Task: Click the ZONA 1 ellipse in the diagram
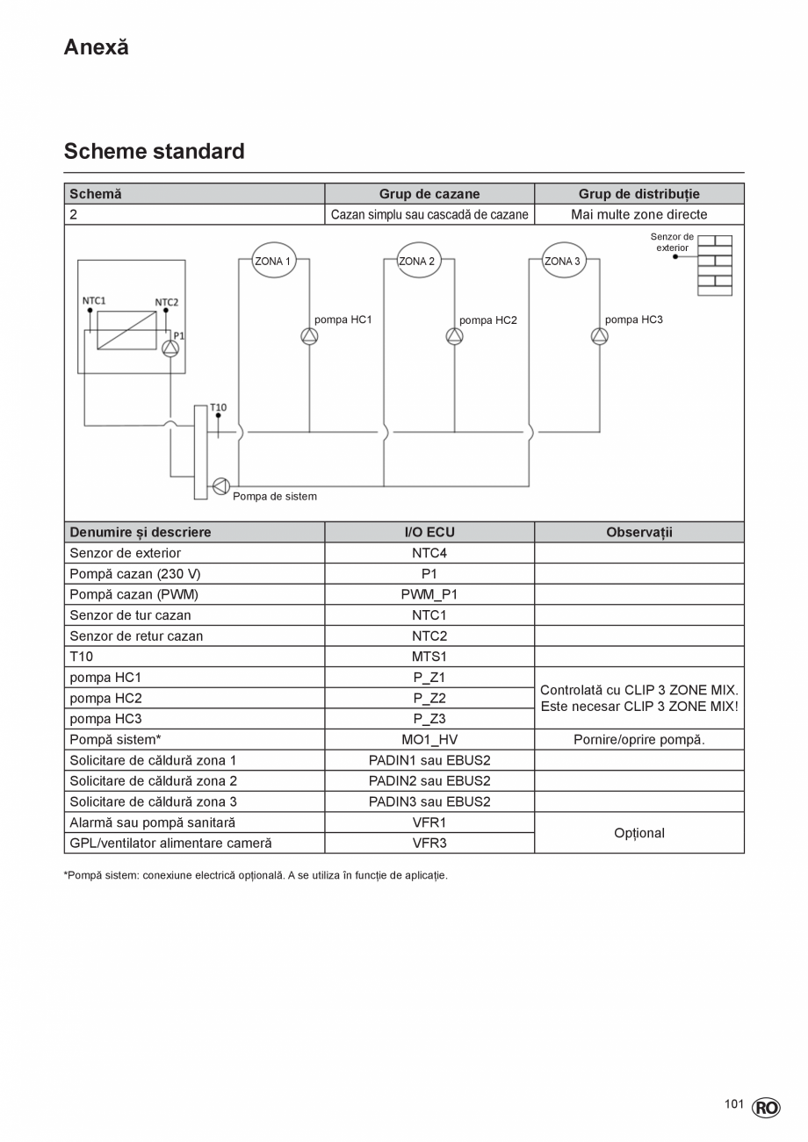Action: (x=273, y=261)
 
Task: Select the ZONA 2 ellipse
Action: (x=418, y=261)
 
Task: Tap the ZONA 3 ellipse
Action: (x=563, y=261)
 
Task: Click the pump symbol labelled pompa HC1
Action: (x=309, y=336)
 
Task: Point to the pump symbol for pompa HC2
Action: (x=454, y=336)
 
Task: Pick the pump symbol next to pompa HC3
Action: (x=599, y=336)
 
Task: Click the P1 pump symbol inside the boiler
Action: (x=170, y=348)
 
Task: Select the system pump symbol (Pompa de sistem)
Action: (x=220, y=485)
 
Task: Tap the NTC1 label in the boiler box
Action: (x=94, y=300)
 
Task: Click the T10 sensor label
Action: (x=218, y=407)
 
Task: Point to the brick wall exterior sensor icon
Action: (x=715, y=265)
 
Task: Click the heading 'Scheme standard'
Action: (x=155, y=151)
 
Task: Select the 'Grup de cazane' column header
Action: (x=429, y=194)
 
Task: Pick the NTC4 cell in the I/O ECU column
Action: (x=429, y=553)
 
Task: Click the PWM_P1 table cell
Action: (x=429, y=594)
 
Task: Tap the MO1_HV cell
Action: (x=429, y=739)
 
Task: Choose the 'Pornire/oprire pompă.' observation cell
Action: (x=638, y=739)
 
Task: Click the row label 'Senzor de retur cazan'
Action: (x=136, y=636)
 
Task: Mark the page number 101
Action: (x=734, y=1103)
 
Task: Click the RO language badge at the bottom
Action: (x=766, y=1108)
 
